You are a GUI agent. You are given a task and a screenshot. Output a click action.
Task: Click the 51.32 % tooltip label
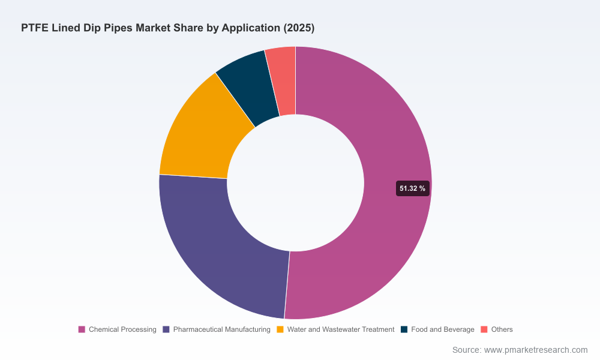click(413, 188)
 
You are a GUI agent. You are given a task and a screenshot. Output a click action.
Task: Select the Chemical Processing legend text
click(122, 329)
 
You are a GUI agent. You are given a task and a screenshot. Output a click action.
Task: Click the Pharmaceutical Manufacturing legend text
click(221, 329)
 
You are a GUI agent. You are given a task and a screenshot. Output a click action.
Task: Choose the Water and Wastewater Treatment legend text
click(341, 329)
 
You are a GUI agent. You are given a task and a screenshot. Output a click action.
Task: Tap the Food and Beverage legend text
click(443, 329)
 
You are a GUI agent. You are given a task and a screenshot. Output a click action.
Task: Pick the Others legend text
click(502, 329)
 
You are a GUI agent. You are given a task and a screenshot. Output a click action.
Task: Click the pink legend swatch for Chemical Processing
click(82, 329)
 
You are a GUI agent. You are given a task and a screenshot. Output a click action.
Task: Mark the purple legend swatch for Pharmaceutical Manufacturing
click(166, 329)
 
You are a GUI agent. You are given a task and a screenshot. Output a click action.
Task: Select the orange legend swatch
click(280, 329)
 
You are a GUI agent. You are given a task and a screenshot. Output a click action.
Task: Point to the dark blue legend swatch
click(404, 329)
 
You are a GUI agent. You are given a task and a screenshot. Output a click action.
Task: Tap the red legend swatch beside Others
click(484, 329)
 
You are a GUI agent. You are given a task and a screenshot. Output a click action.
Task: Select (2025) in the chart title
click(299, 28)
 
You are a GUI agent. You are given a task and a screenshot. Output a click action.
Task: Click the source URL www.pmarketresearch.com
click(536, 350)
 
